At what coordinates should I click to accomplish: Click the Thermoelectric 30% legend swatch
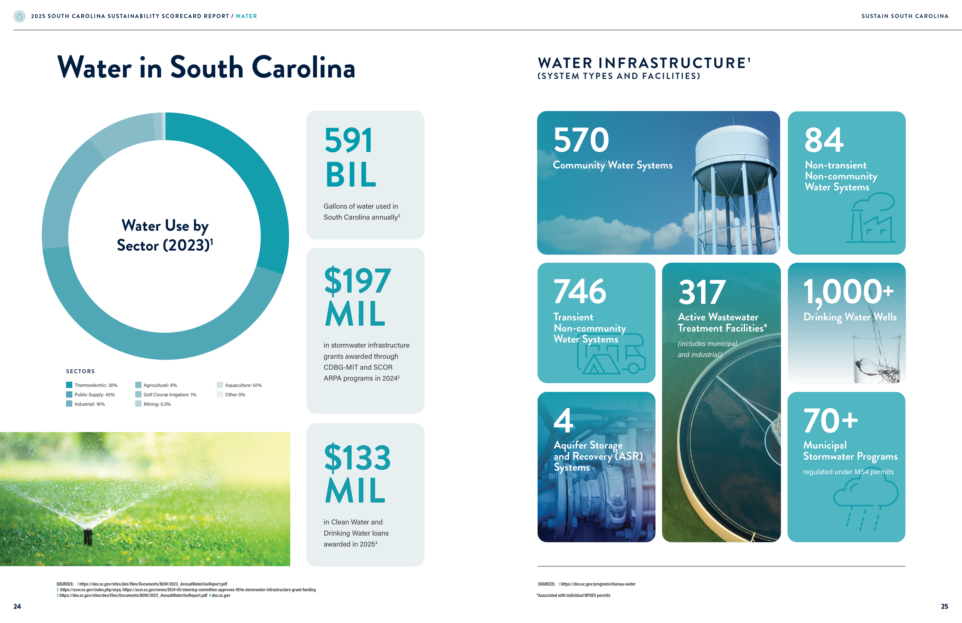[69, 385]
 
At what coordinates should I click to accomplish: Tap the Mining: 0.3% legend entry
[157, 404]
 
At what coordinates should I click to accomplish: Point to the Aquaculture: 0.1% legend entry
[243, 385]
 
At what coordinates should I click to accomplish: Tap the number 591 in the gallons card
[348, 141]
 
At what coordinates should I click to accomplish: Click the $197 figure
[357, 280]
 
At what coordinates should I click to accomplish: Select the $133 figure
[357, 457]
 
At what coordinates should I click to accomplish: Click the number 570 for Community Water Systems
[581, 140]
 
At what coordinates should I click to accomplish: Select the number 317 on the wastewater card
[702, 292]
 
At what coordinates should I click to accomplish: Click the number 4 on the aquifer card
[563, 420]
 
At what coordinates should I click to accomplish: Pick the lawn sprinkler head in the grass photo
[88, 536]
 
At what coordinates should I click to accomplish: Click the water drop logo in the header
[19, 16]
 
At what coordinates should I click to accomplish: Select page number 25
[944, 606]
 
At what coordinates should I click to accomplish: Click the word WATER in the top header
[246, 16]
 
